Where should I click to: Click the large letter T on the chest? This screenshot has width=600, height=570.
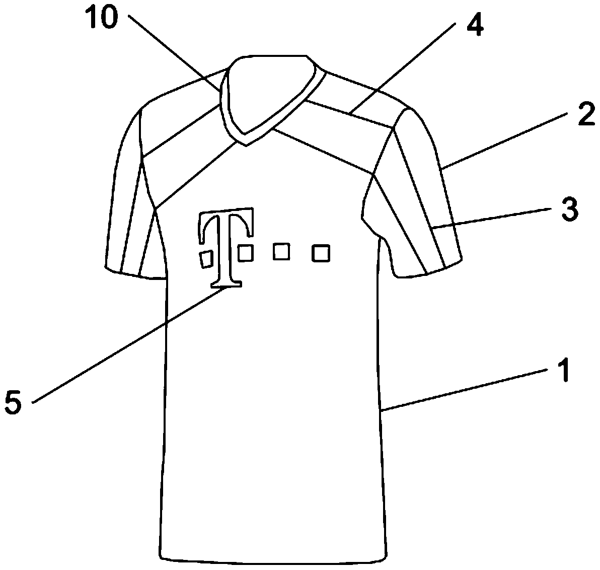(x=227, y=247)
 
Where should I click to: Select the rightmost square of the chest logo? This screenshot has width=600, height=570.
(x=321, y=253)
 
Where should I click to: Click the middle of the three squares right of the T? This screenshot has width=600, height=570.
(x=281, y=251)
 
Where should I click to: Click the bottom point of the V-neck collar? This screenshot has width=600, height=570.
(x=246, y=145)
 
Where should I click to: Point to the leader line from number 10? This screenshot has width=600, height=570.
(x=174, y=53)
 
